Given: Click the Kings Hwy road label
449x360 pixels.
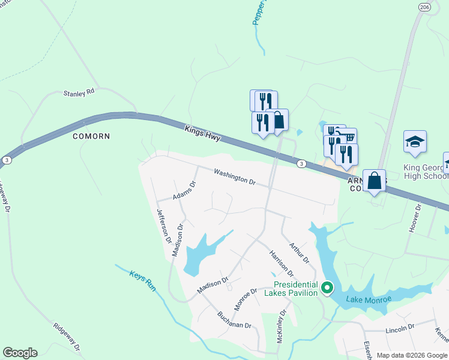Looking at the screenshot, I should pyautogui.click(x=203, y=133).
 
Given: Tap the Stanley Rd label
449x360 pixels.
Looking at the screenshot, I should pyautogui.click(x=79, y=93).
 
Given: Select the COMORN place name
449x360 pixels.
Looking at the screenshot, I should pyautogui.click(x=91, y=136).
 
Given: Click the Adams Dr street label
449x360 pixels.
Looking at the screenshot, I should pyautogui.click(x=185, y=190).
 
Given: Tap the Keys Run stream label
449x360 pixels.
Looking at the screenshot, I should pyautogui.click(x=143, y=281).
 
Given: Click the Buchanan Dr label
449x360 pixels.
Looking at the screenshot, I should pyautogui.click(x=234, y=323).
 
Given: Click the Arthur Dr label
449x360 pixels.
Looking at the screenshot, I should pyautogui.click(x=298, y=253).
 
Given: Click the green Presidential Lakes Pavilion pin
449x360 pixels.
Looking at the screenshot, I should pyautogui.click(x=327, y=289).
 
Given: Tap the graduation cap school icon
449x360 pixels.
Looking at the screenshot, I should pyautogui.click(x=415, y=142).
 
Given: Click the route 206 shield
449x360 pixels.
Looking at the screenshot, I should pyautogui.click(x=424, y=7).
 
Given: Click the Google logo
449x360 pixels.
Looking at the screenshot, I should pyautogui.click(x=20, y=353).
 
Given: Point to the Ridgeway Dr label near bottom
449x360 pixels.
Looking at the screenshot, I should pyautogui.click(x=67, y=338).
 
